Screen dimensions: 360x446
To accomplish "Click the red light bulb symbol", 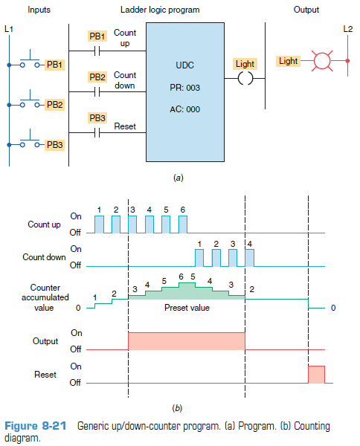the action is pyautogui.click(x=322, y=61).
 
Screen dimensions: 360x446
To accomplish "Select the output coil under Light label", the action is pyautogui.click(x=245, y=78).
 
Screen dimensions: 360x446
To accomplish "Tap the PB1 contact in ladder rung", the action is pyautogui.click(x=97, y=51).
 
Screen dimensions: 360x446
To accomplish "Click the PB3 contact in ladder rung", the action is pyautogui.click(x=97, y=132).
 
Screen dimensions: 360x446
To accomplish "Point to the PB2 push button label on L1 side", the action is pyautogui.click(x=54, y=104).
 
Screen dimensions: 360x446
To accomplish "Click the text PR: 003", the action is pyautogui.click(x=185, y=88).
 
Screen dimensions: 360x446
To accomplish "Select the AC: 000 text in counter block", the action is pyautogui.click(x=185, y=109).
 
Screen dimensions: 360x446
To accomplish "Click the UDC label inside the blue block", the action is pyautogui.click(x=185, y=65).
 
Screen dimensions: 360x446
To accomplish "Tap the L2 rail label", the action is pyautogui.click(x=348, y=29).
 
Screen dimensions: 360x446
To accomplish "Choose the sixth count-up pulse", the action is pyautogui.click(x=183, y=224).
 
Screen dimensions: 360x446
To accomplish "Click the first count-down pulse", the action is pyautogui.click(x=199, y=258).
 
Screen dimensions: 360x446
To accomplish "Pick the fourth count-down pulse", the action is pyautogui.click(x=250, y=258).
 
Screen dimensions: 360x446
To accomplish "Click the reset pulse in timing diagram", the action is pyautogui.click(x=316, y=375).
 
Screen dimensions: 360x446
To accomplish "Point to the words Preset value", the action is pyautogui.click(x=187, y=308).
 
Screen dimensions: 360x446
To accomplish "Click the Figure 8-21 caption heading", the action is pyautogui.click(x=36, y=426).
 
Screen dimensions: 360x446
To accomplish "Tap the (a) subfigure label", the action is pyautogui.click(x=179, y=178).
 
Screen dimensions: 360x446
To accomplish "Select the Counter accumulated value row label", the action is pyautogui.click(x=45, y=297).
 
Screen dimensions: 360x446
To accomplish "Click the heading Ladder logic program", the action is pyautogui.click(x=160, y=10).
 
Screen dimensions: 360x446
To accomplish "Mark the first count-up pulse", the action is pyautogui.click(x=100, y=224).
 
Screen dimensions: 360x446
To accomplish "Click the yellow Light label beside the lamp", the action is pyautogui.click(x=288, y=61).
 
